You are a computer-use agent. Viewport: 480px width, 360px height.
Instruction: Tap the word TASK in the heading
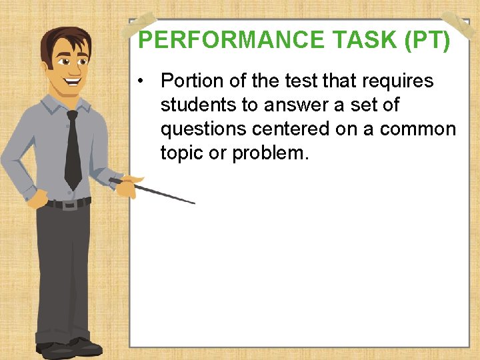click(356, 41)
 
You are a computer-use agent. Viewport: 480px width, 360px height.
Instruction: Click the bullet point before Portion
click(141, 81)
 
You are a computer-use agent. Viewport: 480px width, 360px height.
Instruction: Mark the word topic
click(182, 153)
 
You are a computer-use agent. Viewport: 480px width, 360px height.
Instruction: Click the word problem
click(270, 153)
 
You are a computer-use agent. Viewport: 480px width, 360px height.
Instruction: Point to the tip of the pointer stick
click(193, 203)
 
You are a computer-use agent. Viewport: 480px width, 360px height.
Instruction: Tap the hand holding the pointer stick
click(125, 184)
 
